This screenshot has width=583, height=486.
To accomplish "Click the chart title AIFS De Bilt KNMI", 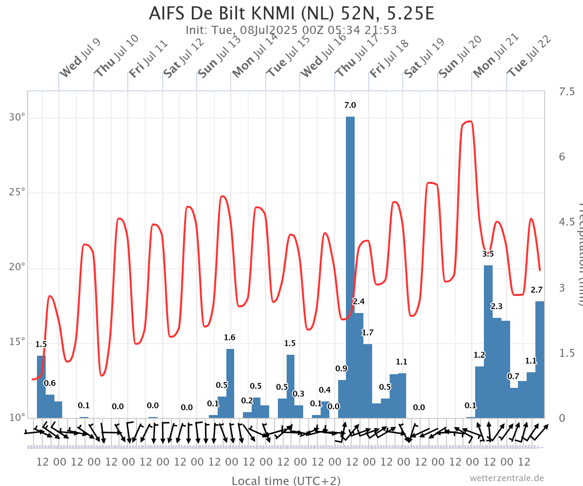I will click(x=291, y=14).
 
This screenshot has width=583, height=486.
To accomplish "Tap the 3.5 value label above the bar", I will click(x=488, y=254).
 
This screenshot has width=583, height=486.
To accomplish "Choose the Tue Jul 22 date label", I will click(x=529, y=56).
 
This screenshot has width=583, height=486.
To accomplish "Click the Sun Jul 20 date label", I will click(x=460, y=56).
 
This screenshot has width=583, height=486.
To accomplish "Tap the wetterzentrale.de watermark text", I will click(x=506, y=478).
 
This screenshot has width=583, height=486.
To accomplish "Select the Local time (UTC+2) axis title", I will click(x=286, y=481).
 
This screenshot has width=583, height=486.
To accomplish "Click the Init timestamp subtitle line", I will click(x=291, y=30).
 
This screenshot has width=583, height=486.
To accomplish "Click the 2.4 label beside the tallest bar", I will click(x=359, y=302).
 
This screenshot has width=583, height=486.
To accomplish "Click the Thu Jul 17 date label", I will click(x=357, y=56).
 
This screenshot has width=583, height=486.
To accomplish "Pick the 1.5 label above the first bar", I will click(x=41, y=345).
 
